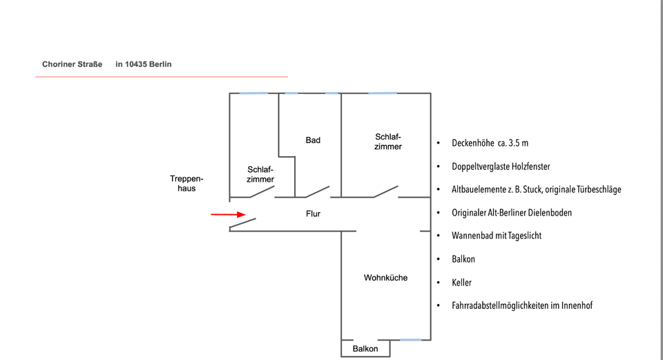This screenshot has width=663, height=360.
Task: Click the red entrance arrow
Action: point(228,214)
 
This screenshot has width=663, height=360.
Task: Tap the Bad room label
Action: point(313,140)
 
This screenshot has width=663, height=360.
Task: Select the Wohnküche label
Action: point(385,278)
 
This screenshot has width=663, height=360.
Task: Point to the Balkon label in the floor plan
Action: point(365,349)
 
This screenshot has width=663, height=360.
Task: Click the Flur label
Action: point(313,214)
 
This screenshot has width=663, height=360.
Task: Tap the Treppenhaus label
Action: point(186,183)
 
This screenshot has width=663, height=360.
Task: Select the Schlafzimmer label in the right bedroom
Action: point(388,142)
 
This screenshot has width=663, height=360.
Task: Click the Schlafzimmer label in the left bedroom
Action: point(260,174)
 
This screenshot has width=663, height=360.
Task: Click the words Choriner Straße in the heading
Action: point(72,64)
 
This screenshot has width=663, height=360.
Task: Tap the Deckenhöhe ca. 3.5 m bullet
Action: point(490,143)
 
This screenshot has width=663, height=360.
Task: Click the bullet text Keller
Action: point(461,283)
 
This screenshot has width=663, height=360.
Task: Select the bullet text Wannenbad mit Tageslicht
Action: point(496,236)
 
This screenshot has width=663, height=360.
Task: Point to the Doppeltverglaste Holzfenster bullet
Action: point(501,167)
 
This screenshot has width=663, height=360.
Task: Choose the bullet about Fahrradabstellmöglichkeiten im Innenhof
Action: point(522,305)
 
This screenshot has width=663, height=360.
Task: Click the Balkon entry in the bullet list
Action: point(463,259)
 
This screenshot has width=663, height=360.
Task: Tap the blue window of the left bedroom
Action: point(253,93)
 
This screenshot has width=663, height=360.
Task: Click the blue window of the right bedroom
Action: point(383,93)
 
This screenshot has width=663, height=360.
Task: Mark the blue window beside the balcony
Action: point(411,339)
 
